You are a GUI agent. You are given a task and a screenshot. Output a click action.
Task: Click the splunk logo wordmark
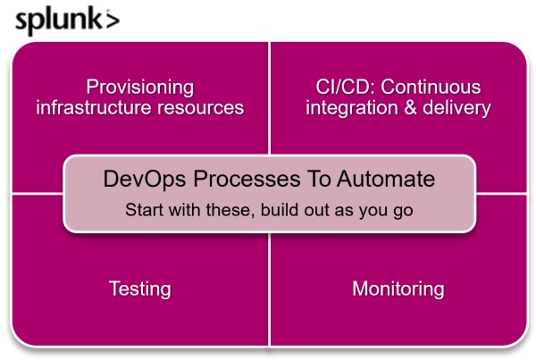tap(67, 21)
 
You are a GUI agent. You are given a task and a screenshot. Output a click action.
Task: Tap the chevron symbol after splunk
tap(113, 21)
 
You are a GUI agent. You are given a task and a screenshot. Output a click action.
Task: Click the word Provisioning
tap(140, 88)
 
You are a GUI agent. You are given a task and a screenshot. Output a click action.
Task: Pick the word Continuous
tap(431, 87)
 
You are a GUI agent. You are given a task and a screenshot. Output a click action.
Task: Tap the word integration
tap(352, 108)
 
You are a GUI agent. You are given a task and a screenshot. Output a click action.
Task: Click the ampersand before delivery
tap(411, 108)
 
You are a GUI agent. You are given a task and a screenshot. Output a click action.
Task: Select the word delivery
tap(456, 108)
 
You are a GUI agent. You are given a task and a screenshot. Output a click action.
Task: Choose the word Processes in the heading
tap(247, 179)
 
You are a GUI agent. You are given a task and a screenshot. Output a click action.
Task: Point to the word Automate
tap(386, 179)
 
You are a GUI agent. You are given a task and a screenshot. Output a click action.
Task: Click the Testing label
tap(140, 289)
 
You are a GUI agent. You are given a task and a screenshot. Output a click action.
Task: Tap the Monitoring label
tap(398, 289)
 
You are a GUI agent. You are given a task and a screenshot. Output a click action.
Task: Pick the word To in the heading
tap(319, 179)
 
